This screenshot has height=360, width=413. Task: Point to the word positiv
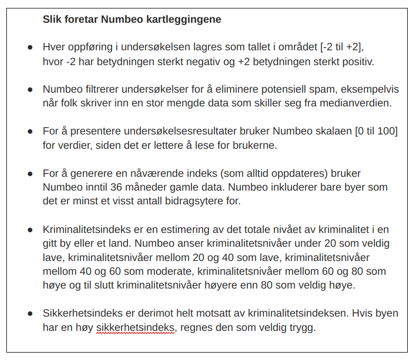[x=357, y=62]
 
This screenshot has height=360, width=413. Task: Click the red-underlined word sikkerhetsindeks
[x=135, y=327]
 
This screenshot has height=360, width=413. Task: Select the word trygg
[x=302, y=327]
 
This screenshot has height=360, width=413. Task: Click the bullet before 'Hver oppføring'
[x=30, y=47]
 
